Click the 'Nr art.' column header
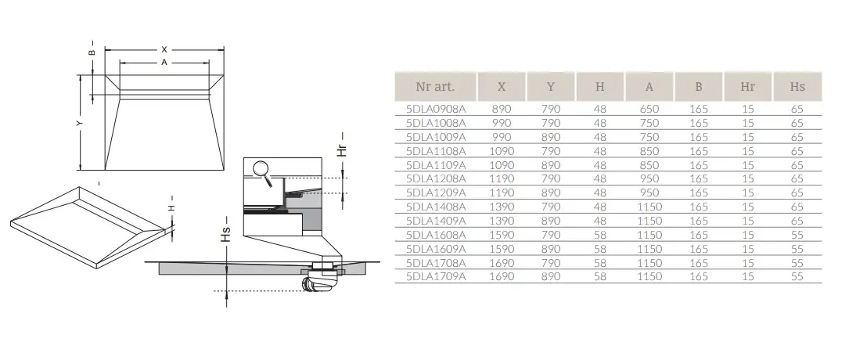[435, 87]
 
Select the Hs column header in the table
[797, 87]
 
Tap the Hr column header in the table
[747, 87]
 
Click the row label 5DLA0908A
[436, 109]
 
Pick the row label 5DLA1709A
[436, 276]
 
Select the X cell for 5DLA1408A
[502, 207]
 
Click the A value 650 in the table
[649, 109]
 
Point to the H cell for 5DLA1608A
[600, 235]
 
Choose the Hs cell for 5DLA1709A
[797, 276]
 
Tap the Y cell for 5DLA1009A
[551, 137]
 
